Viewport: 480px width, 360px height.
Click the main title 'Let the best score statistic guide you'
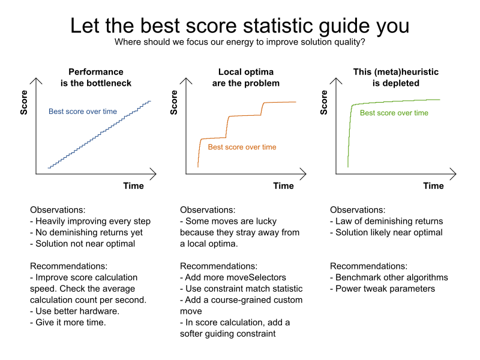pos(239,26)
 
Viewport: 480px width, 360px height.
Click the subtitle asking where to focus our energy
pos(239,42)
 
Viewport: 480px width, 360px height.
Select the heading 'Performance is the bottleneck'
pos(96,77)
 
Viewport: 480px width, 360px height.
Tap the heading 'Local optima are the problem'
pos(246,77)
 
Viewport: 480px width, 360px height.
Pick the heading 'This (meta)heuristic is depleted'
pos(396,77)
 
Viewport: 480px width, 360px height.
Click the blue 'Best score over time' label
pos(83,112)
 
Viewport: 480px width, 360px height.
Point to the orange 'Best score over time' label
pos(242,147)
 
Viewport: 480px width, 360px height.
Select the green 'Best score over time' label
pos(394,113)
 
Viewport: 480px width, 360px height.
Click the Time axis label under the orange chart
pos(283,186)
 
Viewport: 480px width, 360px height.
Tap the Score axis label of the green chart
pos(324,103)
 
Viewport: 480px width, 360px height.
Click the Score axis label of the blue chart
pos(24,103)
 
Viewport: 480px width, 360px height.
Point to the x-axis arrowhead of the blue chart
pos(155,174)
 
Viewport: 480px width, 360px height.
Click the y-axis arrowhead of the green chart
pos(336,79)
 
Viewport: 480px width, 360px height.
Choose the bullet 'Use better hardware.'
pos(74,311)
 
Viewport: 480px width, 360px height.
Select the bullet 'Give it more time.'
pos(68,322)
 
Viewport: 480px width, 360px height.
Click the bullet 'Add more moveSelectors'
pos(233,277)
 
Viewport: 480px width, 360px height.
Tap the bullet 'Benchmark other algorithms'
pos(389,277)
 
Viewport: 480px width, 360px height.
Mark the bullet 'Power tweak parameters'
pos(382,289)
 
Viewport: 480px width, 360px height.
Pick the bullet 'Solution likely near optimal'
pos(386,232)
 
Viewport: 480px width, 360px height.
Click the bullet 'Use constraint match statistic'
pos(241,289)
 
